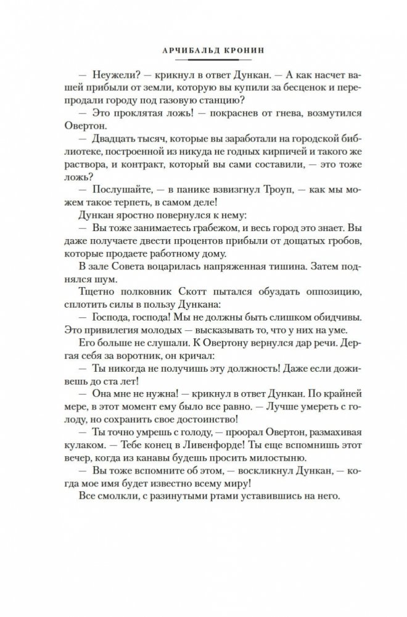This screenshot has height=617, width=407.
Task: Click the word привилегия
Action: click(108, 329)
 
